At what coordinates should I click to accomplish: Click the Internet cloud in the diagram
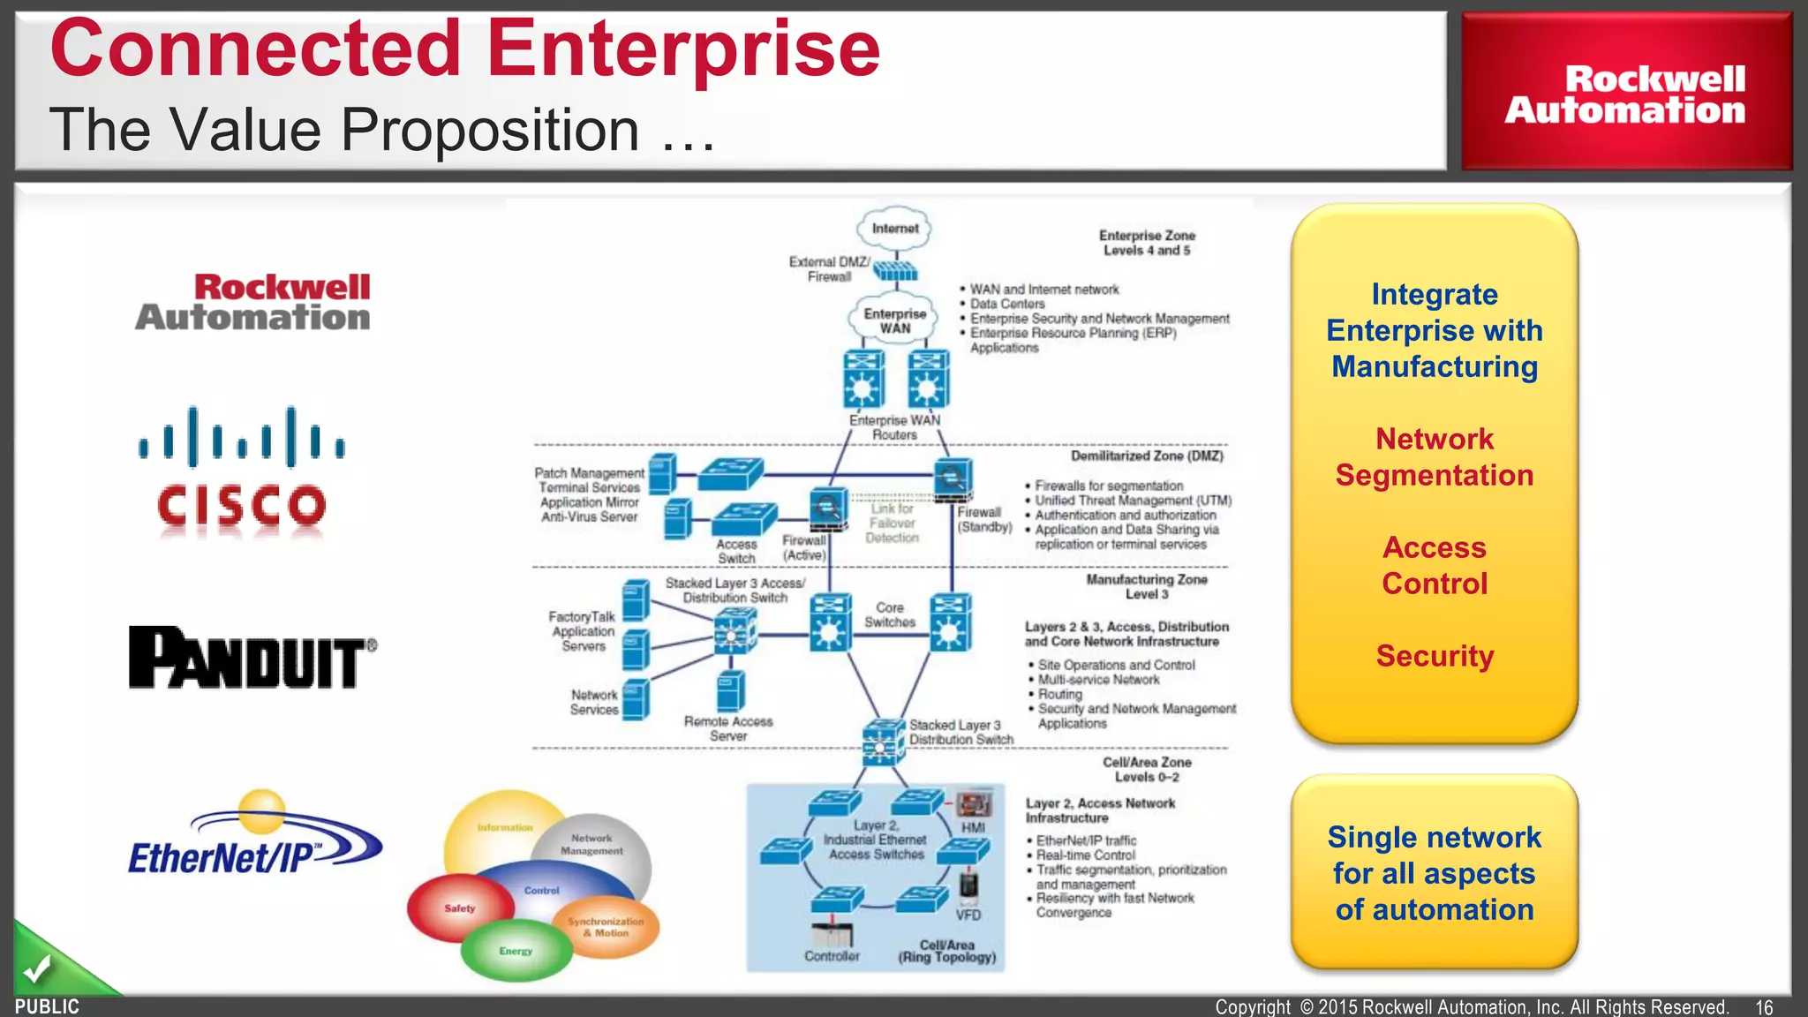(x=894, y=229)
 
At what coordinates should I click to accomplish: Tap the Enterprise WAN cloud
(x=894, y=320)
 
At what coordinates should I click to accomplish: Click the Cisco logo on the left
(x=242, y=471)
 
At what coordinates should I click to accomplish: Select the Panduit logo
(x=252, y=657)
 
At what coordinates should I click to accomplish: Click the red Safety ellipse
(x=459, y=908)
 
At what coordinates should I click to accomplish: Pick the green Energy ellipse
(x=516, y=951)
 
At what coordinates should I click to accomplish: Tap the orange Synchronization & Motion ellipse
(x=606, y=927)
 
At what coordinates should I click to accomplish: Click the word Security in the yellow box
(x=1435, y=656)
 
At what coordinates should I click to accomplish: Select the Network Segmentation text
(x=1435, y=457)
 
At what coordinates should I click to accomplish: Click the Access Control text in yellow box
(x=1435, y=566)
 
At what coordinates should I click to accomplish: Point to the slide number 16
(x=1763, y=1007)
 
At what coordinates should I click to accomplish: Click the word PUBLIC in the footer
(x=47, y=1006)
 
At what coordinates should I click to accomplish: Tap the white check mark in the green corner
(x=37, y=969)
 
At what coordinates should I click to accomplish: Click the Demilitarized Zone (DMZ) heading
(x=1147, y=456)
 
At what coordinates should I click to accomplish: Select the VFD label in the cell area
(x=968, y=915)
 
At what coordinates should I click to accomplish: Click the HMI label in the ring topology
(x=973, y=828)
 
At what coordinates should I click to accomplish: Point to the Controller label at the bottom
(x=832, y=956)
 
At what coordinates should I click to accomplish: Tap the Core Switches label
(x=890, y=615)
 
